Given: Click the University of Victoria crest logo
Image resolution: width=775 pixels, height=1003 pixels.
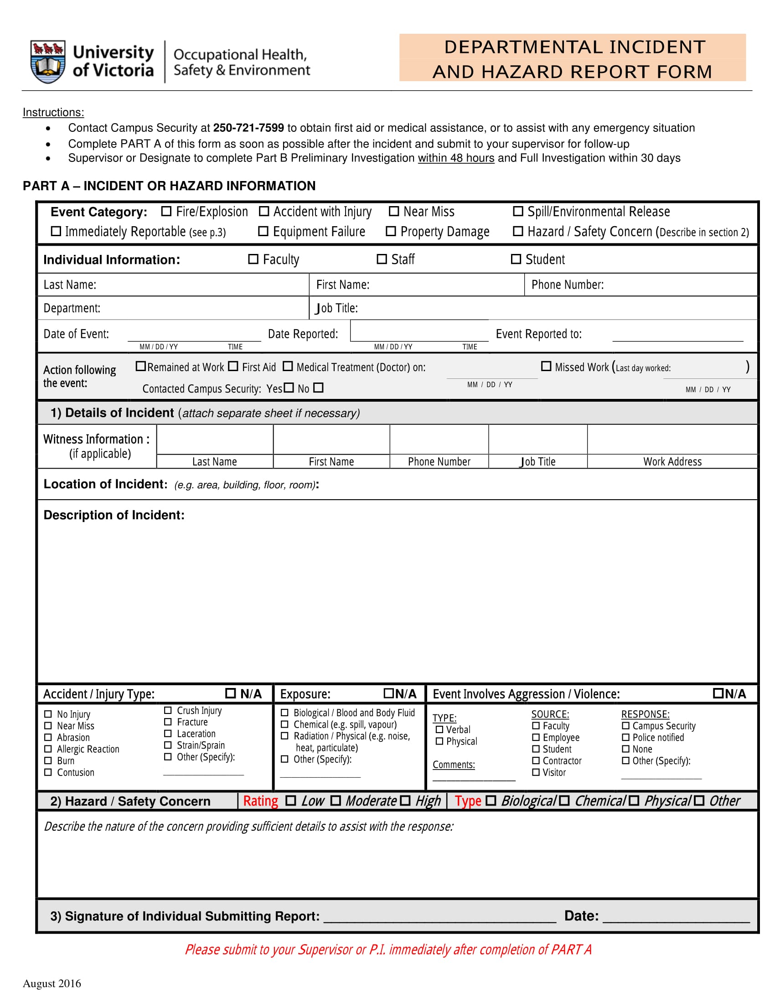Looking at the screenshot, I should pos(47,62).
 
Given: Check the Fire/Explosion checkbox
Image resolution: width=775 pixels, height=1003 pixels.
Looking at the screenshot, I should pos(166,211).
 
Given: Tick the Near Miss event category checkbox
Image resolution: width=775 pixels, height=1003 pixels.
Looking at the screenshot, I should pos(393,211).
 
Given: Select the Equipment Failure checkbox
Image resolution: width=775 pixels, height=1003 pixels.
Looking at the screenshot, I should pos(263,231).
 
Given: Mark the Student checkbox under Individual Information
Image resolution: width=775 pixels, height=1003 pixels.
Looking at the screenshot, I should pos(516,259).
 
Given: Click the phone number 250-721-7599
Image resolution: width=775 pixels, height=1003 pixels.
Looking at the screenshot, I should pos(248,128).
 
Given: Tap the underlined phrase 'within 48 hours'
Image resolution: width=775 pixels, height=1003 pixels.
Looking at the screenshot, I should pos(455,158).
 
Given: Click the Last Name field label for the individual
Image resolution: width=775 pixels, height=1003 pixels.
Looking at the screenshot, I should pos(70,285).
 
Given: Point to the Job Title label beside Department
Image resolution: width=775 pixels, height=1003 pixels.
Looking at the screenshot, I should pos(336,308).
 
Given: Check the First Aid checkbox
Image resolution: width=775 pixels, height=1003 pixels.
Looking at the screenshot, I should pos(233,366).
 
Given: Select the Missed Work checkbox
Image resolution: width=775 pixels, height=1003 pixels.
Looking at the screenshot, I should pos(546,366).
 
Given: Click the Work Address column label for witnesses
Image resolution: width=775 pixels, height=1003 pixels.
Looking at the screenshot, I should pos(672,461).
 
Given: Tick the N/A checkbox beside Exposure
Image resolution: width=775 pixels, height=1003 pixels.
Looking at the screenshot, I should pos(388,693).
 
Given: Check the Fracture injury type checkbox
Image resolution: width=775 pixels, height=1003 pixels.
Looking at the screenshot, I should pos(168,722).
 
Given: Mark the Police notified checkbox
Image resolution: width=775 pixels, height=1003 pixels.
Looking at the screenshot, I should pos(625,737).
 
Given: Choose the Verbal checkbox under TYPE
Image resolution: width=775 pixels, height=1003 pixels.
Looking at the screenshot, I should pos(439,729).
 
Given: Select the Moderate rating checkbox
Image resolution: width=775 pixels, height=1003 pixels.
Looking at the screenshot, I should pos(336,801).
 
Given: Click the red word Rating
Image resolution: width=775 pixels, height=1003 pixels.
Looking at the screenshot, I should pos(260,801).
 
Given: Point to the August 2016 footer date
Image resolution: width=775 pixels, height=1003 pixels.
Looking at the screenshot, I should pos(52,983).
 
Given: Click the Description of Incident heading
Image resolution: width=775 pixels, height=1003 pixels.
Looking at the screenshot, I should pos(114,515).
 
